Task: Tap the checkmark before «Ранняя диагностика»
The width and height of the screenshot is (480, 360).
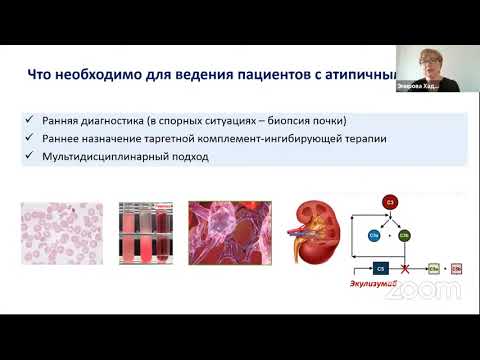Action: [33, 122]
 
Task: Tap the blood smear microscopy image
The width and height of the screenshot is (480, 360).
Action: [62, 236]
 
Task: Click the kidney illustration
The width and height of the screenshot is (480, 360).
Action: [314, 236]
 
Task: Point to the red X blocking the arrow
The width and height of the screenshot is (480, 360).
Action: [404, 269]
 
